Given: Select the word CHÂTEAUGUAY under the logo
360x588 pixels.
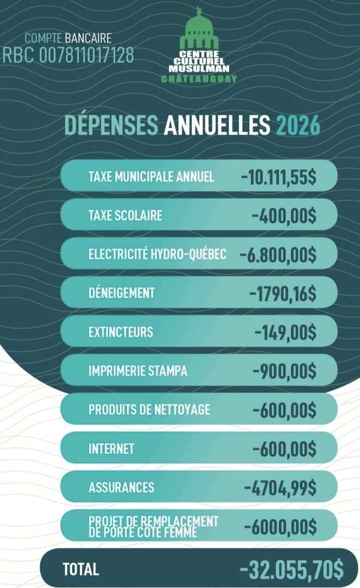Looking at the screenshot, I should coord(199,79).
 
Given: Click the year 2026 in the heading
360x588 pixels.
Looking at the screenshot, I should coord(298,125).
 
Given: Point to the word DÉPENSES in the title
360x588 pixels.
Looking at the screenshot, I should coord(112,125).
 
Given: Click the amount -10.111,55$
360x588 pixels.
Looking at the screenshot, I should coord(278,176).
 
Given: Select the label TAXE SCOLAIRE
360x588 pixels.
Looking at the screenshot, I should coord(125,215).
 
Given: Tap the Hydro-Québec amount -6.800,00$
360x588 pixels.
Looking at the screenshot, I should coord(278,254).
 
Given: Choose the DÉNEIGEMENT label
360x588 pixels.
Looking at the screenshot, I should coord(121,293).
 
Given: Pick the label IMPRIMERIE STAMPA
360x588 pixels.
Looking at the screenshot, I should coord(138,371).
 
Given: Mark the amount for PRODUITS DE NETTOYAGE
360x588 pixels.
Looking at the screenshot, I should coord(284,409).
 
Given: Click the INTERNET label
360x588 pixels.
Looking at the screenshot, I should coord(111,449).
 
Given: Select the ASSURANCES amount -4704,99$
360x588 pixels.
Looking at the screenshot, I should coord(280,487).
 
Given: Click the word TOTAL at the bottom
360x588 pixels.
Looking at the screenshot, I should coord(81,569).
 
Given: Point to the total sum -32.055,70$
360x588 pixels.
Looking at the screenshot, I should coord(292,569).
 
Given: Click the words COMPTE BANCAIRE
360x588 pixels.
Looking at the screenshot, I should coord(68,38).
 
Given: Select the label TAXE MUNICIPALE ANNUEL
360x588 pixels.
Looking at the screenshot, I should coord(151,176).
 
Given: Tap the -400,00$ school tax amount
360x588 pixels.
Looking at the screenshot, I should coord(284,215).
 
